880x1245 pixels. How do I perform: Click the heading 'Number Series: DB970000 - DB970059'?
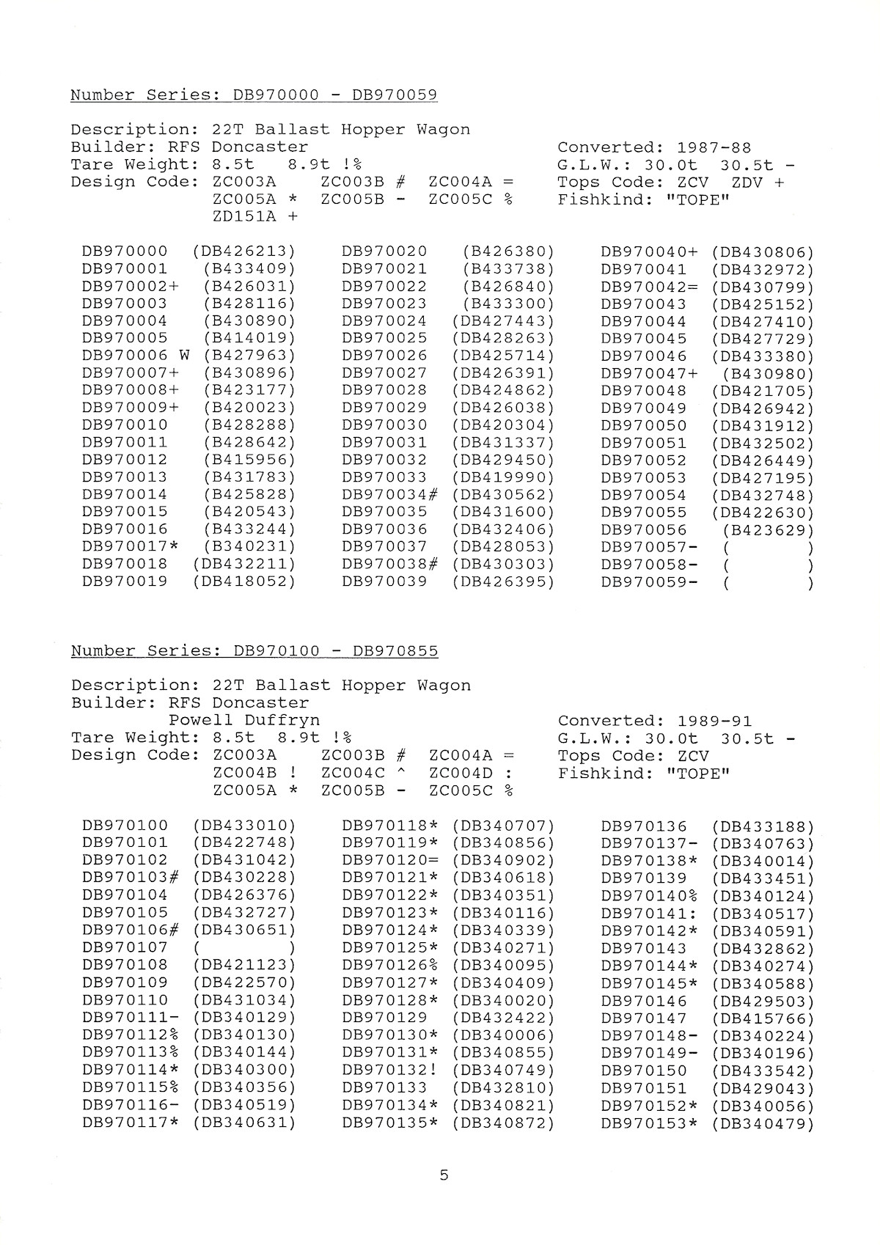pos(254,95)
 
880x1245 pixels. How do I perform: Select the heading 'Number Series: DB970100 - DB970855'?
pos(254,651)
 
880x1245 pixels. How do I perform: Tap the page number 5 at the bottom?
pos(444,1175)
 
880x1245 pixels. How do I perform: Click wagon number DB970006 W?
pos(136,356)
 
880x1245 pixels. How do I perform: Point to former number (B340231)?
pos(249,547)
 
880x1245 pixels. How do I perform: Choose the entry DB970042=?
pos(650,287)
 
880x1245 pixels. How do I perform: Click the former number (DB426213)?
pos(244,251)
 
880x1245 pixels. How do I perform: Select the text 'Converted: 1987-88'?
pos(654,147)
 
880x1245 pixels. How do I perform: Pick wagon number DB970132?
pos(389,1070)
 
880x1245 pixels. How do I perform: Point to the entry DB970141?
pos(649,914)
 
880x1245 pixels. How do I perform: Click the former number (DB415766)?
pos(763,1018)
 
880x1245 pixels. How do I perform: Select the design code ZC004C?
pos(353,773)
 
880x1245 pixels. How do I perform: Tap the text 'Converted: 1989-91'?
pos(654,721)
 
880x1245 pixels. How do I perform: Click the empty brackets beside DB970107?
pos(244,947)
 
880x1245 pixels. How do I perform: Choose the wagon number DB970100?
pos(125,826)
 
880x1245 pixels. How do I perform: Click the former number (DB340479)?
pos(763,1123)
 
